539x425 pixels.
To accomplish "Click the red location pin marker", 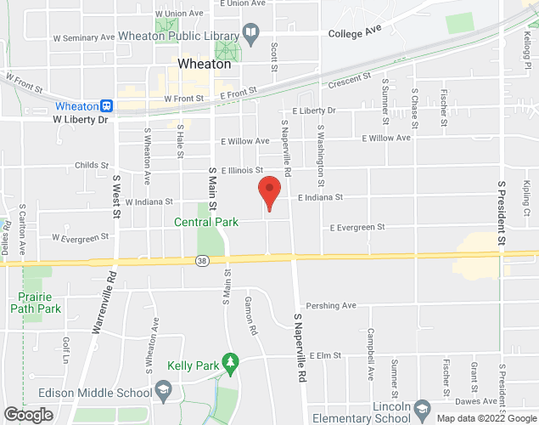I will point(269,191).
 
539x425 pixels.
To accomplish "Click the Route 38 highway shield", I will point(201,259).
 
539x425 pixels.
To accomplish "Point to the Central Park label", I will point(205,223).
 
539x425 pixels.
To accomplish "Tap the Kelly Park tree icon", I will point(229,363).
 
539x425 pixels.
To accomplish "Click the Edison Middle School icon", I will point(164,392).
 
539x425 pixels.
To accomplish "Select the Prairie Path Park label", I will point(39,303).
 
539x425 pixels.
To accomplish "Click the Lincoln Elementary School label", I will point(361,412).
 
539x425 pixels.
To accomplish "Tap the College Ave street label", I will point(352,32).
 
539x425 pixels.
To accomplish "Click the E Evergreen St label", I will point(358,227).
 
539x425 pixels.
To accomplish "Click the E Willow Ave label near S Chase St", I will point(386,138).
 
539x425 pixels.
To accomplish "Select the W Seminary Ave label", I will point(83,38).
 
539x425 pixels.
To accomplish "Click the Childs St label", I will point(92,166).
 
